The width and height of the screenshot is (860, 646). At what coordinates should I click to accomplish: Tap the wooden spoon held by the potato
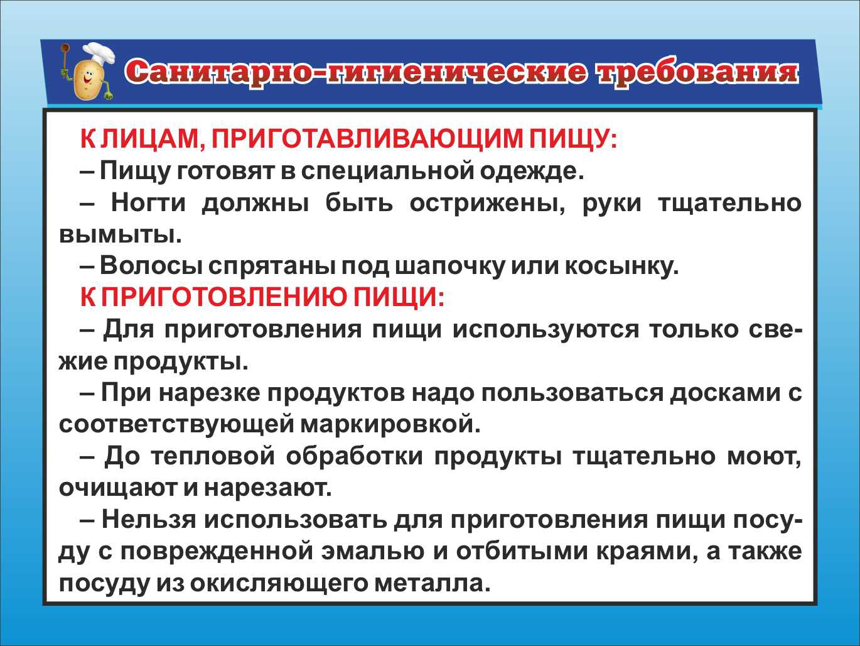(65, 59)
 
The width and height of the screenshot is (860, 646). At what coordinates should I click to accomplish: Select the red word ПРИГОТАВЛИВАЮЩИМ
(367, 140)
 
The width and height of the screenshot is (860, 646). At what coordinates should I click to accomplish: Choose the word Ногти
(149, 203)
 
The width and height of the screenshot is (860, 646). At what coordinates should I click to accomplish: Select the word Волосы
(151, 266)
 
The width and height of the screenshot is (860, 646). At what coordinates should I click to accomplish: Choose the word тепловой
(213, 456)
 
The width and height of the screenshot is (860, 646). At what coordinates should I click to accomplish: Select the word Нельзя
(149, 520)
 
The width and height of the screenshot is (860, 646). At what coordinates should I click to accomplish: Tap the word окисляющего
(278, 584)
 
